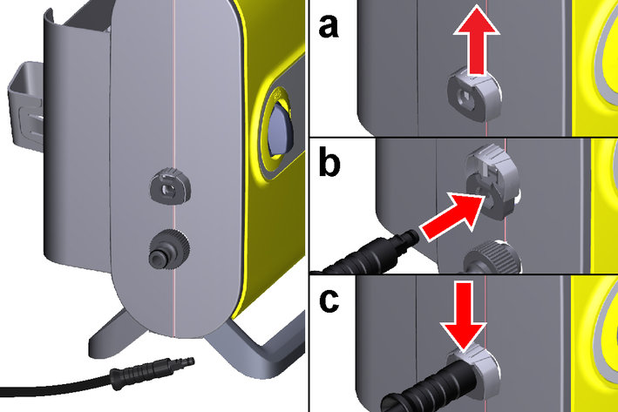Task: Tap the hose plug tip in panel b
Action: click(x=404, y=233)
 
